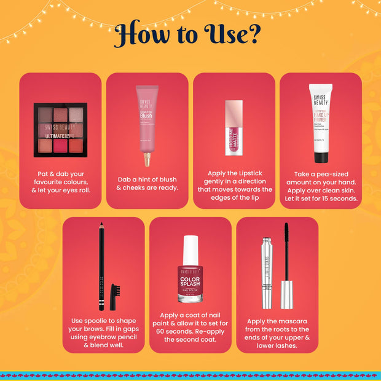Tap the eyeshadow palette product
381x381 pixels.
(x=60, y=129)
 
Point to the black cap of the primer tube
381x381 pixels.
(x=321, y=157)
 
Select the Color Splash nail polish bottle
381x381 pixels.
(x=190, y=277)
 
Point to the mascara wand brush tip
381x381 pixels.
(x=286, y=243)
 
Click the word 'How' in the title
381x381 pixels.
(x=141, y=35)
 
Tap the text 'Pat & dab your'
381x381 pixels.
(x=60, y=174)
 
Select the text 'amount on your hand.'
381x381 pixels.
(x=321, y=183)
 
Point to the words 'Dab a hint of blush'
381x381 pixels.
(x=147, y=179)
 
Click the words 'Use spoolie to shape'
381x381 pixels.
(x=103, y=320)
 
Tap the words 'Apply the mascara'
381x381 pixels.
(x=277, y=320)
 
